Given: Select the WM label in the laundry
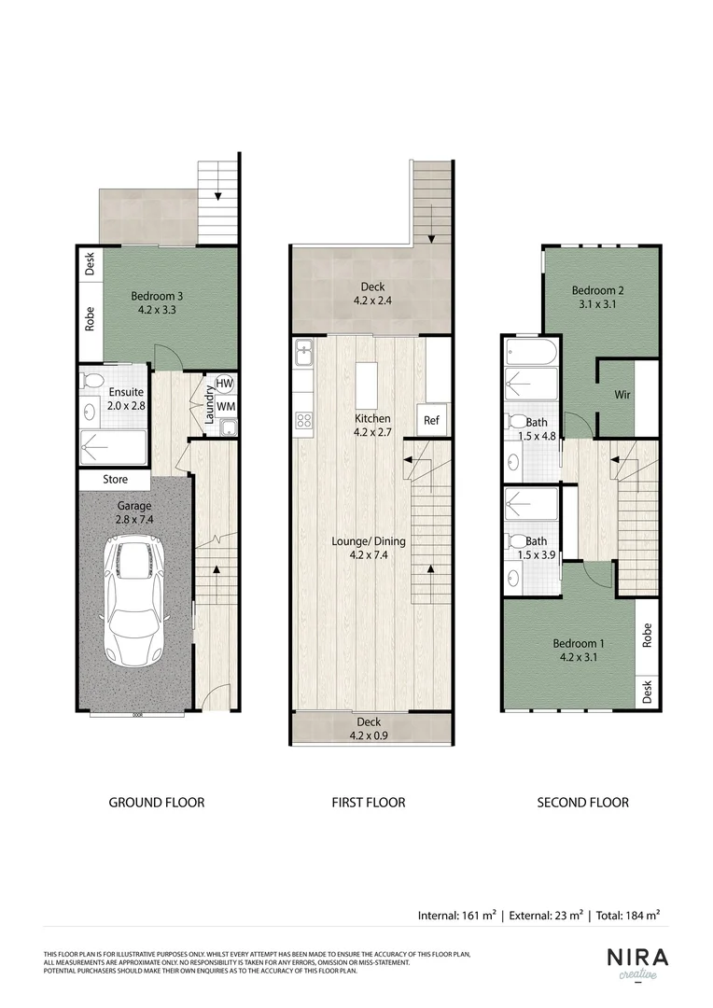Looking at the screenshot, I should coord(225,407).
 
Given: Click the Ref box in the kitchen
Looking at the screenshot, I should coord(430,421).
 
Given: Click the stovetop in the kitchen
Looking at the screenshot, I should coord(304,420).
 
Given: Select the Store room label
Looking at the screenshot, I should coord(115,481).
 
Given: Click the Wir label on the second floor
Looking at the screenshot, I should coord(622,395).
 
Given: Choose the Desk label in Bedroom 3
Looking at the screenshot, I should coord(90,264).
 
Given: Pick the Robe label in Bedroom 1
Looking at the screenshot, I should coord(646,636).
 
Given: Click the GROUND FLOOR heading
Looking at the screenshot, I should coord(157,802).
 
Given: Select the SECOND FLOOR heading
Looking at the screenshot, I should coord(582,802).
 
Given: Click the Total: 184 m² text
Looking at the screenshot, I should coord(631,916).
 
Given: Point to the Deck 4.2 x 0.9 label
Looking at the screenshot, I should coord(369,728).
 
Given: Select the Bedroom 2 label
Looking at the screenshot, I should coord(597,297).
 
